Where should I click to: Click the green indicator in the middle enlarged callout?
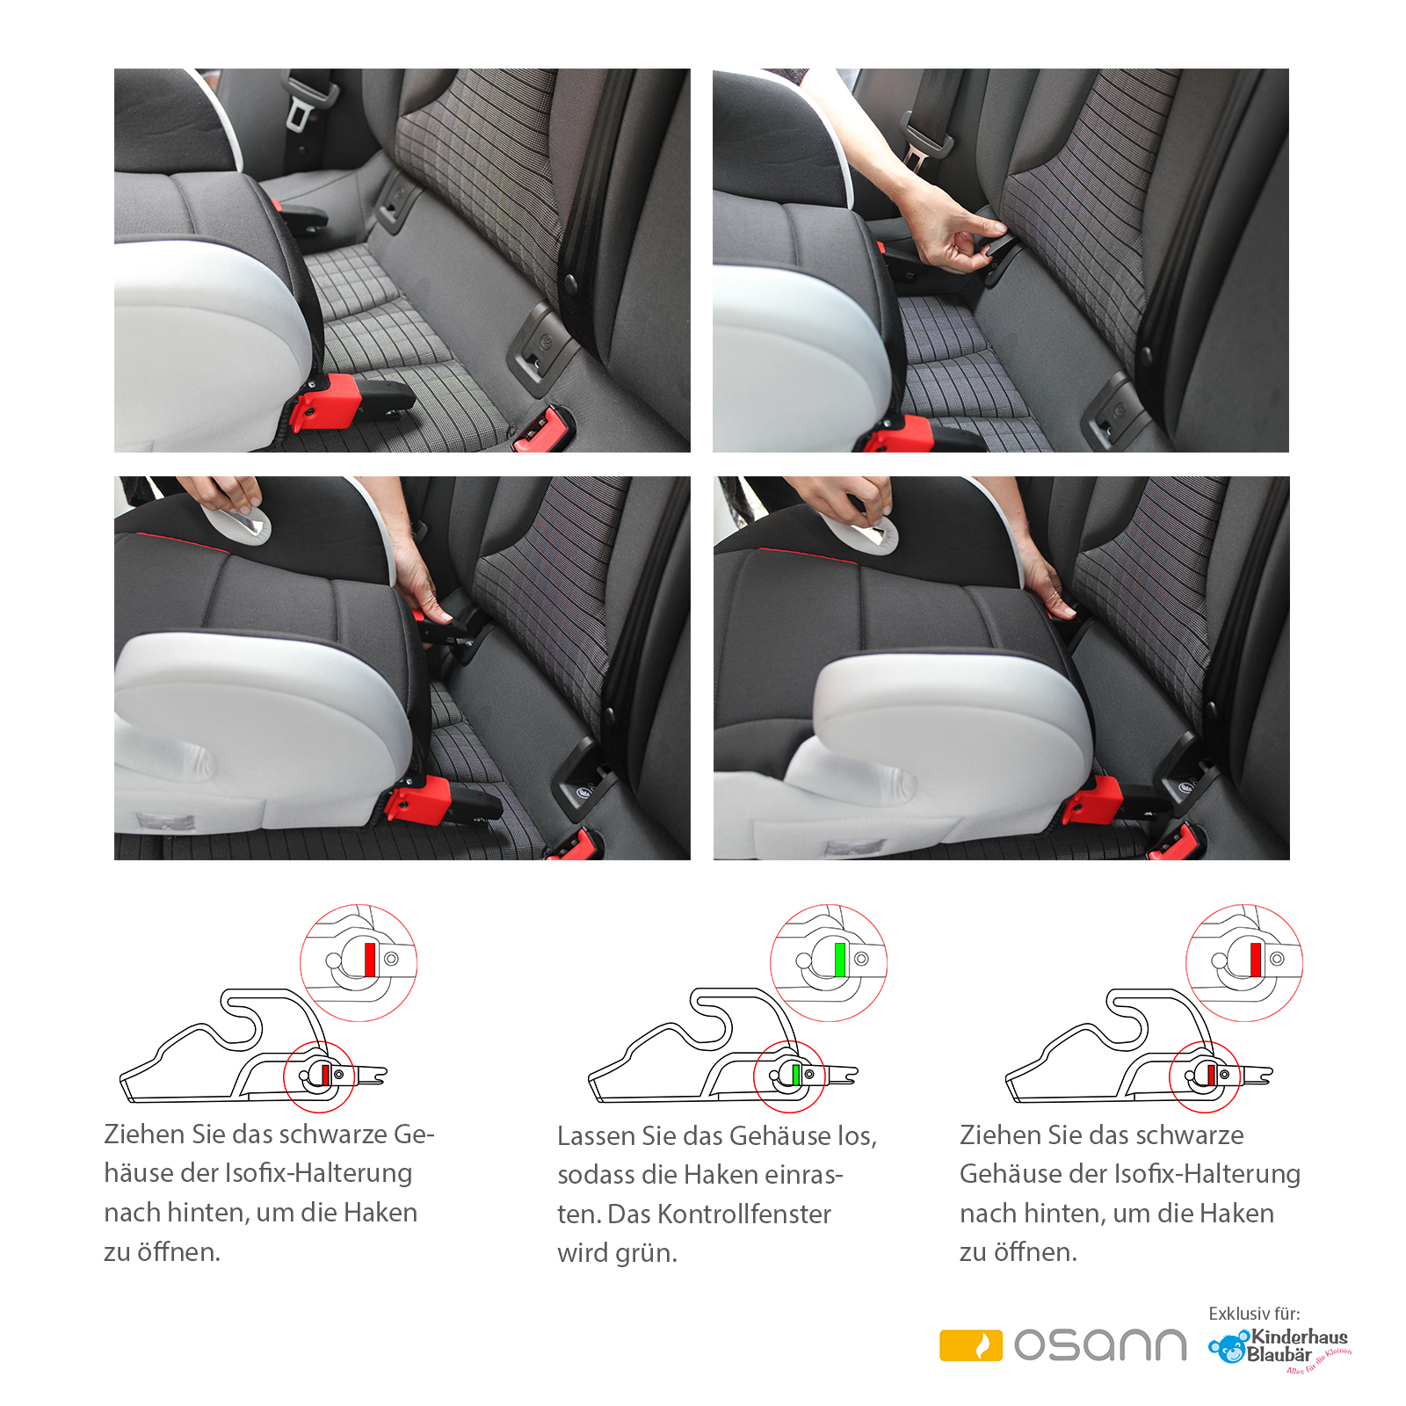click(x=840, y=959)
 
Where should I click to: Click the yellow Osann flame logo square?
click(x=970, y=1345)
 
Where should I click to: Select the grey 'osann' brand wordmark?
click(x=1100, y=1345)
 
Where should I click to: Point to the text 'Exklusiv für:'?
click(x=1254, y=1314)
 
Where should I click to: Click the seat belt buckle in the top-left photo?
click(x=303, y=105)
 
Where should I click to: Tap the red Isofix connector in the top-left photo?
click(x=327, y=401)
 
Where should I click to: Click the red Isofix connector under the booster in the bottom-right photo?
click(x=1093, y=801)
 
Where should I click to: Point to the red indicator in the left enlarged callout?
click(x=370, y=959)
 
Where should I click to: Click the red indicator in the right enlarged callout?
click(x=1256, y=959)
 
